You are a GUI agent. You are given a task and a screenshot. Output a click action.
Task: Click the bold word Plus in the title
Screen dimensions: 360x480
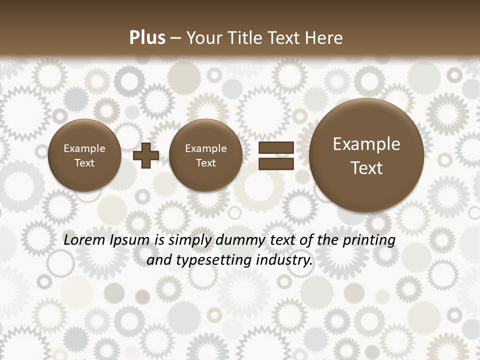coord(147,38)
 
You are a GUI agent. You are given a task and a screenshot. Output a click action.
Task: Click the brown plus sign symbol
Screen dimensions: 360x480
coord(146,156)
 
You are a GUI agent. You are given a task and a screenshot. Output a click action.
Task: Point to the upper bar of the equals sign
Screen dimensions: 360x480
coord(276,148)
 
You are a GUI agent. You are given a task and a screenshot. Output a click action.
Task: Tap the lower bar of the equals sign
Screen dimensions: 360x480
coord(276,164)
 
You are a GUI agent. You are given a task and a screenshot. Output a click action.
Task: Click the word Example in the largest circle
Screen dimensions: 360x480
coord(366,144)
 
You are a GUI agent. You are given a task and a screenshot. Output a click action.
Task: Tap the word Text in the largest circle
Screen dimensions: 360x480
coord(366,168)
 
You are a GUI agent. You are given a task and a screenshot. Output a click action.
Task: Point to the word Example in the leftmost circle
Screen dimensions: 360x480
coord(84,148)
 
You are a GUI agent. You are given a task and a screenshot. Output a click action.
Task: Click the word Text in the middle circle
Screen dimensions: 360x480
coord(206,163)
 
